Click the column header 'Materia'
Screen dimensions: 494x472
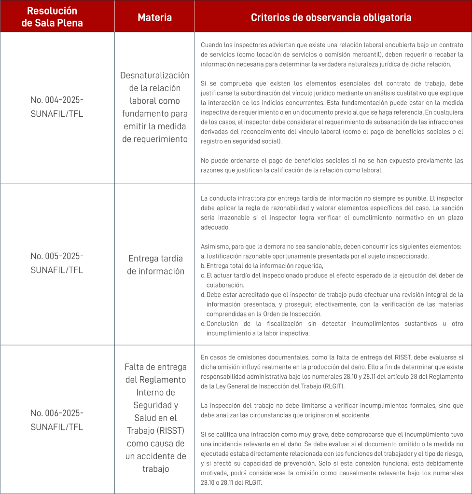[x=154, y=18]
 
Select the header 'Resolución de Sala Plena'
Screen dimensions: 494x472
[x=52, y=17]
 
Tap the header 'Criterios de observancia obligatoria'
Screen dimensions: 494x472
[x=331, y=18]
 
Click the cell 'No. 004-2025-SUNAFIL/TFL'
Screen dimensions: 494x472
[x=57, y=107]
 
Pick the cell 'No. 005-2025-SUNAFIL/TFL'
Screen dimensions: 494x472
[x=57, y=262]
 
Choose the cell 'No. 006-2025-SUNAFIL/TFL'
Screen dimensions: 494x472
[x=57, y=420]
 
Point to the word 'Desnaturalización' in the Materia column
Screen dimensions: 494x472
[x=154, y=76]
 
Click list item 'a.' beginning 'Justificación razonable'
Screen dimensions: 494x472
[x=314, y=256]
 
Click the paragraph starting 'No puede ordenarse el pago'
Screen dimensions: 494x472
[x=332, y=165]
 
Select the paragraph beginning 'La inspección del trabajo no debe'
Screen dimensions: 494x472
[x=332, y=410]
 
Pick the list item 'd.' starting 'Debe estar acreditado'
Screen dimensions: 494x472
[x=333, y=304]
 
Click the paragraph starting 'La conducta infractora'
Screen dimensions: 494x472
[x=332, y=212]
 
